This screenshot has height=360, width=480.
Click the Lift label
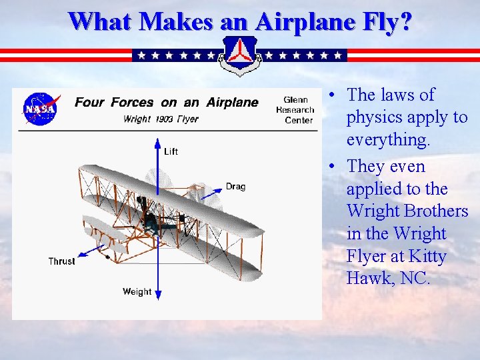171,151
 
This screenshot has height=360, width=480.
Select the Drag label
235,186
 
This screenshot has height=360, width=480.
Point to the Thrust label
61,261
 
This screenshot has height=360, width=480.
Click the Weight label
137,291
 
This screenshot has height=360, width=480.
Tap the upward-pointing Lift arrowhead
157,142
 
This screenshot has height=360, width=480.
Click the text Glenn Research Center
295,111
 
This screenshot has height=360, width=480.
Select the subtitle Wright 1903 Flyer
161,119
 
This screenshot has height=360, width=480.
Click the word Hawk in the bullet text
366,279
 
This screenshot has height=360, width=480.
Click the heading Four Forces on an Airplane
166,103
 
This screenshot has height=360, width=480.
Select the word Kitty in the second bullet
446,256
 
